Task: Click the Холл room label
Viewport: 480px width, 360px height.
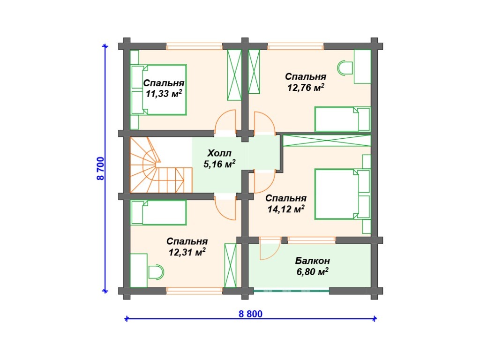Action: (x=219, y=153)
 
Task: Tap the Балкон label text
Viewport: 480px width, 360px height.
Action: (x=313, y=261)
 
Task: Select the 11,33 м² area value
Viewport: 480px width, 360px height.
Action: (x=164, y=93)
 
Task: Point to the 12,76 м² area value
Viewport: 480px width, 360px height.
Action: (x=306, y=87)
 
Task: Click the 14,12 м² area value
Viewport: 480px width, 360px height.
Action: (x=286, y=209)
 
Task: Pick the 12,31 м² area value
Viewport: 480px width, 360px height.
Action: (x=187, y=252)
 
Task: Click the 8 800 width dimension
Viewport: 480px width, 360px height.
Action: (x=250, y=314)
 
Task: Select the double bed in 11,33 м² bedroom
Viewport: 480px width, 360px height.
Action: (x=158, y=90)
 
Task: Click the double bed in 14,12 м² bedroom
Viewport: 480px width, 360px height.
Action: (x=343, y=194)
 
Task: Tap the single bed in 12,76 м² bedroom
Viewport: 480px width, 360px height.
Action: (x=343, y=119)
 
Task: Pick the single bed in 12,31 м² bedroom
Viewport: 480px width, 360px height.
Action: (x=158, y=213)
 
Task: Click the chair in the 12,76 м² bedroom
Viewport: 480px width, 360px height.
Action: (x=345, y=67)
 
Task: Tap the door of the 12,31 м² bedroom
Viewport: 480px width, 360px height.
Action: (x=225, y=208)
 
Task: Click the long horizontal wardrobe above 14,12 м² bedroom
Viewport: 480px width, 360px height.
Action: (x=327, y=141)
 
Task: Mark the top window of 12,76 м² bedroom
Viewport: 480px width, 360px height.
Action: (x=296, y=46)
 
